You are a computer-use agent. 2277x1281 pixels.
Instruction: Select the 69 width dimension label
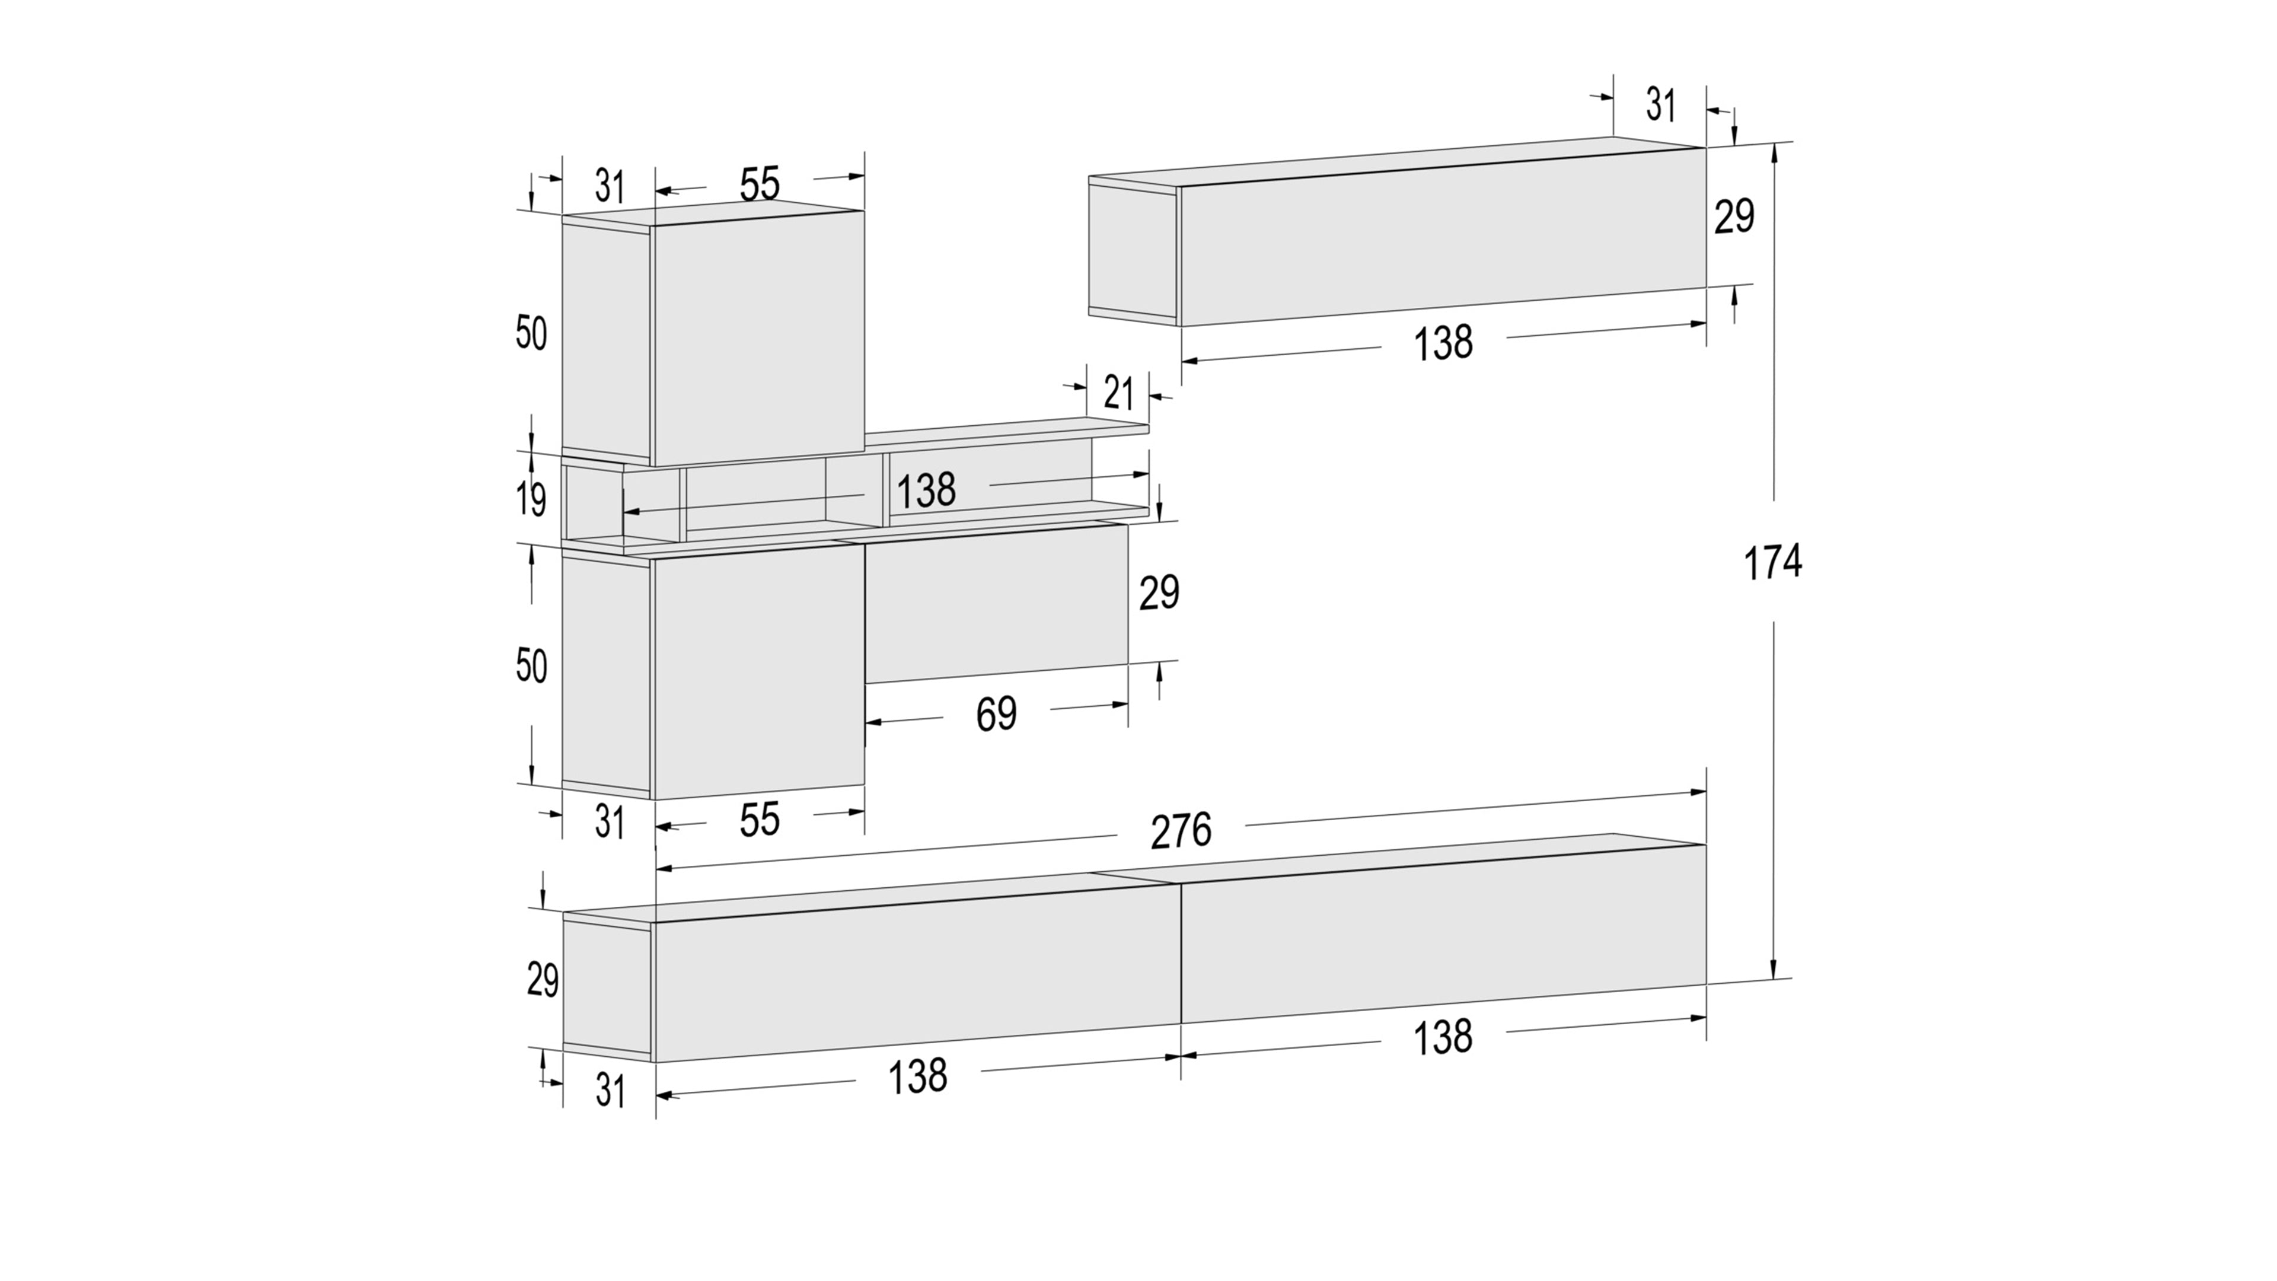[996, 714]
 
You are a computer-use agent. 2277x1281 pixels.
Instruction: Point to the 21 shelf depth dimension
[1118, 393]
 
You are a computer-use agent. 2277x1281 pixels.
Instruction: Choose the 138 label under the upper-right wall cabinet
[1443, 343]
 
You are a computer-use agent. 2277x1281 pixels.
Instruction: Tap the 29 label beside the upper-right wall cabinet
[1734, 216]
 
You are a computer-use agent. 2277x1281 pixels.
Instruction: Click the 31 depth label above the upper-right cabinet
[1661, 105]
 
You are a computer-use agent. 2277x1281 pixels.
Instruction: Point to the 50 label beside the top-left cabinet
[531, 334]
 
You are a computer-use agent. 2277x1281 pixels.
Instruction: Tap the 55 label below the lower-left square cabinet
[759, 820]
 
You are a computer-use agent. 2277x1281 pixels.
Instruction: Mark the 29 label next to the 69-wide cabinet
[1159, 592]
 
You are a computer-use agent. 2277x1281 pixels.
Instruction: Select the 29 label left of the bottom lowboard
[543, 980]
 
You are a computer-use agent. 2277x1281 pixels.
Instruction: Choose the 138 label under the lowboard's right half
[1443, 1037]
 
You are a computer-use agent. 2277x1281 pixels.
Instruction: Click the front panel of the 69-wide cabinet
[996, 604]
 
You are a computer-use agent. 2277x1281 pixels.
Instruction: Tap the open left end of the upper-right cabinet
[1133, 251]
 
